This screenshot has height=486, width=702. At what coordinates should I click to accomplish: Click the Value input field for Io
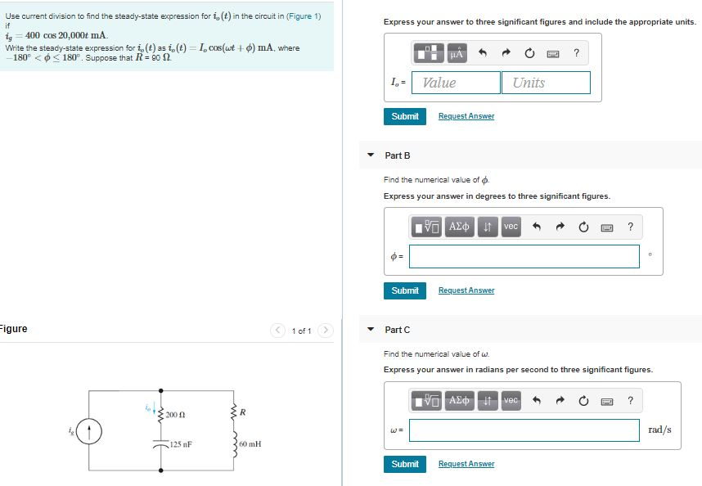pos(457,83)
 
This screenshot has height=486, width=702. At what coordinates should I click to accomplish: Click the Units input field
pos(546,83)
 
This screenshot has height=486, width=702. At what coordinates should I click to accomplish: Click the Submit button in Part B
pos(404,290)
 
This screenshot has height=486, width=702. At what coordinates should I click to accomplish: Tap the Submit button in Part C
pos(404,464)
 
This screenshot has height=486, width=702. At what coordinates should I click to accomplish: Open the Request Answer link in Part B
pos(466,290)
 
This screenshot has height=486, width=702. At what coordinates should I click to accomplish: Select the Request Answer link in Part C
pos(466,464)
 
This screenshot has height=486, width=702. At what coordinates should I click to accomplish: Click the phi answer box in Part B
pos(524,256)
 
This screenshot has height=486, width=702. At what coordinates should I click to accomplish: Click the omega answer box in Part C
pos(524,430)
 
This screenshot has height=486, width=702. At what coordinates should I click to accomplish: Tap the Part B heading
pos(398,155)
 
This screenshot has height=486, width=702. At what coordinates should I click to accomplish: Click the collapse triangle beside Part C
pos(371,330)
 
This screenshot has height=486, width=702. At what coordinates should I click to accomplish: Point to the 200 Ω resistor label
pos(176,416)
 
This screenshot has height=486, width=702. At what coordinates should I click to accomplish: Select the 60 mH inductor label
pos(250,444)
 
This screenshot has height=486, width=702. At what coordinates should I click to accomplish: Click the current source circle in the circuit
pos(91,430)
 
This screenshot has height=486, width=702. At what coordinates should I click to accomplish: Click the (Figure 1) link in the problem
pos(304,16)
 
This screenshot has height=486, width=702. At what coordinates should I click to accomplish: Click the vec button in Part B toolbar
pos(511,226)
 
